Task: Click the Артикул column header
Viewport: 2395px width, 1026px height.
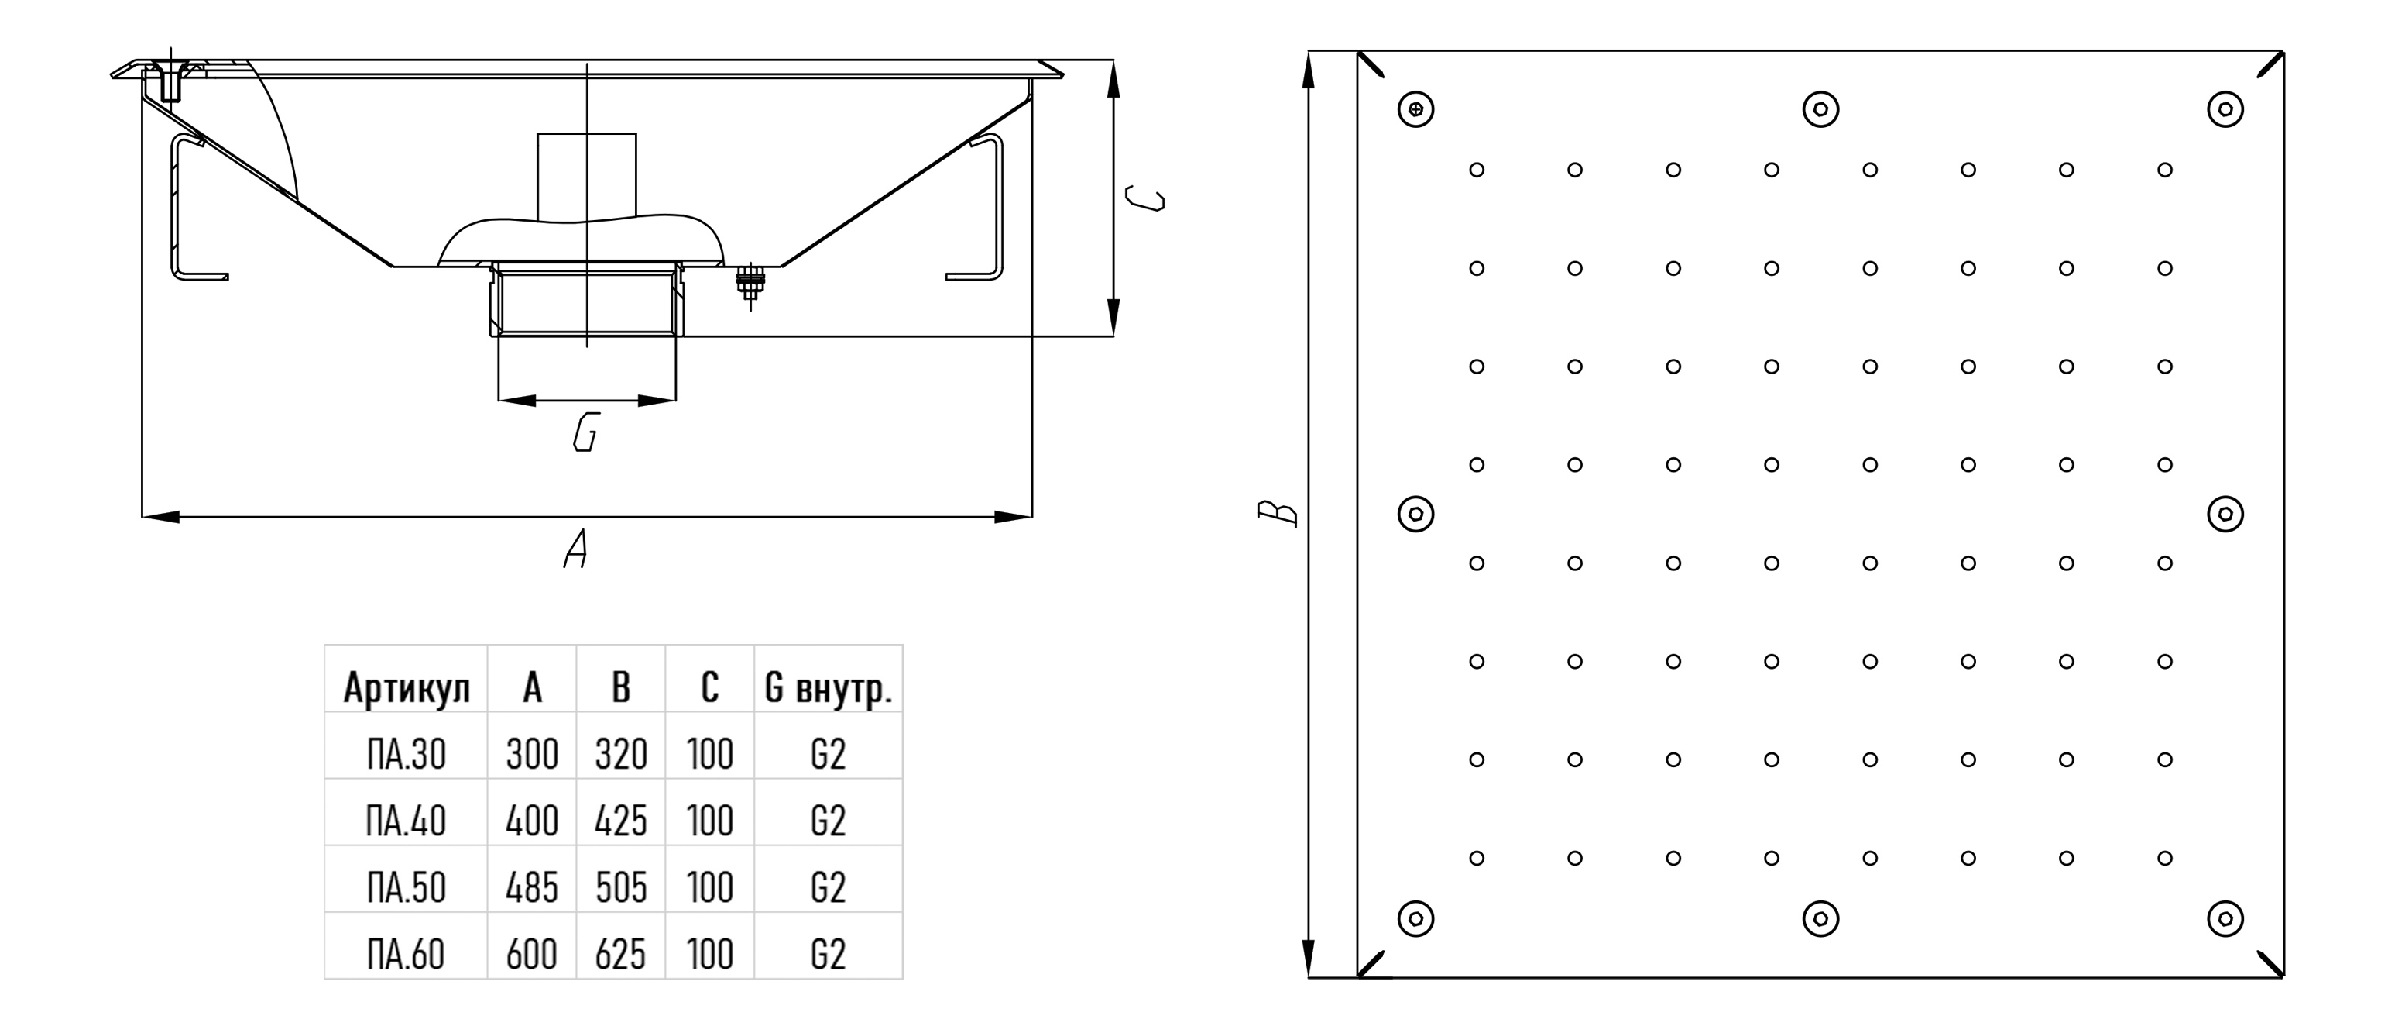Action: click(x=407, y=687)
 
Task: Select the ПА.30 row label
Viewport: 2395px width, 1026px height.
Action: click(x=407, y=753)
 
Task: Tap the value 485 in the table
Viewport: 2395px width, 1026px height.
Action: click(x=532, y=887)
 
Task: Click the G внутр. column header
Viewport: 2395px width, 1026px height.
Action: click(x=828, y=687)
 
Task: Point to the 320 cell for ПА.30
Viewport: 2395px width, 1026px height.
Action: click(x=620, y=753)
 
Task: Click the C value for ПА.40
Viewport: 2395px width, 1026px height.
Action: click(x=709, y=821)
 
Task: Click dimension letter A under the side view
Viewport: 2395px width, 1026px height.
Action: click(x=576, y=549)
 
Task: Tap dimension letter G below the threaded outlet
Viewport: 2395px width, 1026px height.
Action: click(x=585, y=432)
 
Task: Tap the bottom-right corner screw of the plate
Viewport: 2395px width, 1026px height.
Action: click(x=2225, y=919)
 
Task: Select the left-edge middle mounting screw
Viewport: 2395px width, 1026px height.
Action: click(x=1416, y=514)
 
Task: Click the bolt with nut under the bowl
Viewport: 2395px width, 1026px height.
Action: click(x=750, y=281)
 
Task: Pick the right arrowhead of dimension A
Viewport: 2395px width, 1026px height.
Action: click(x=1014, y=516)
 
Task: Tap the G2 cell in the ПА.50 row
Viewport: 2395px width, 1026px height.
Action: click(x=828, y=887)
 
